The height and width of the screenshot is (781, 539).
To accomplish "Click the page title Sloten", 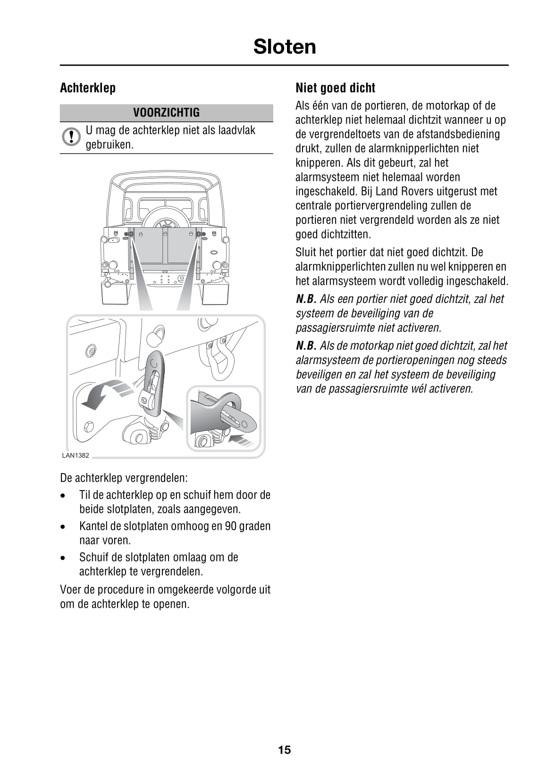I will tap(284, 47).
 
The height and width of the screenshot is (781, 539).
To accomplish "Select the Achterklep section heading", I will tap(88, 88).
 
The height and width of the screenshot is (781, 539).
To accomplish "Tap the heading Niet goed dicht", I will tap(335, 88).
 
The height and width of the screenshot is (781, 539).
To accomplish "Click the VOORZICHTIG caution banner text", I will tap(166, 112).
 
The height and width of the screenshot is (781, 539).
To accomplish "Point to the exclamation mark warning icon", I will tap(71, 136).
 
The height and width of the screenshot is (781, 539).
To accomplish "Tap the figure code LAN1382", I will tap(76, 456).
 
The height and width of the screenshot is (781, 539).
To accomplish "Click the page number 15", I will tap(284, 750).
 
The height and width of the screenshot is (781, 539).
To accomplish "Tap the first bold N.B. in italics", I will tap(306, 299).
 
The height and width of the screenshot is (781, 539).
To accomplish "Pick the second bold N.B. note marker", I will tap(306, 346).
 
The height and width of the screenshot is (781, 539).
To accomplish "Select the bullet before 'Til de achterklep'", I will tap(63, 495).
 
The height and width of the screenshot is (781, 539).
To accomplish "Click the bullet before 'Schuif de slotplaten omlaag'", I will tap(63, 558).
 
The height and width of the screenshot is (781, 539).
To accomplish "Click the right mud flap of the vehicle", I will tap(215, 293).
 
